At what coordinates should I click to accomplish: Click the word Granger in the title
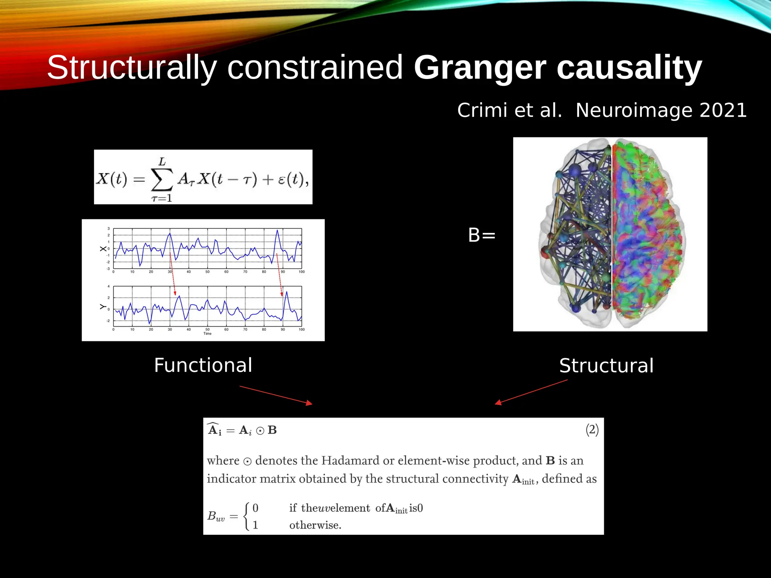coord(480,68)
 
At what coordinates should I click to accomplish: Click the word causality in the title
coord(629,68)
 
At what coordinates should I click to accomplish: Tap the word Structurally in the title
coord(132,68)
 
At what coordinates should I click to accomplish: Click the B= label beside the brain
coord(481,235)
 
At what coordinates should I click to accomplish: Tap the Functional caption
coord(203,365)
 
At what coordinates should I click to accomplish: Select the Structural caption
coord(606,365)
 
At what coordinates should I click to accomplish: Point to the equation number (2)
coord(592,429)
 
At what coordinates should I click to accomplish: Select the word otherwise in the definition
coord(315,525)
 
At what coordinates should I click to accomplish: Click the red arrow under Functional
coord(276,395)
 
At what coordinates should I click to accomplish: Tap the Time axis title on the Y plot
coord(207,333)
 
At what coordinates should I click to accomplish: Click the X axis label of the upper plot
coord(103,249)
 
